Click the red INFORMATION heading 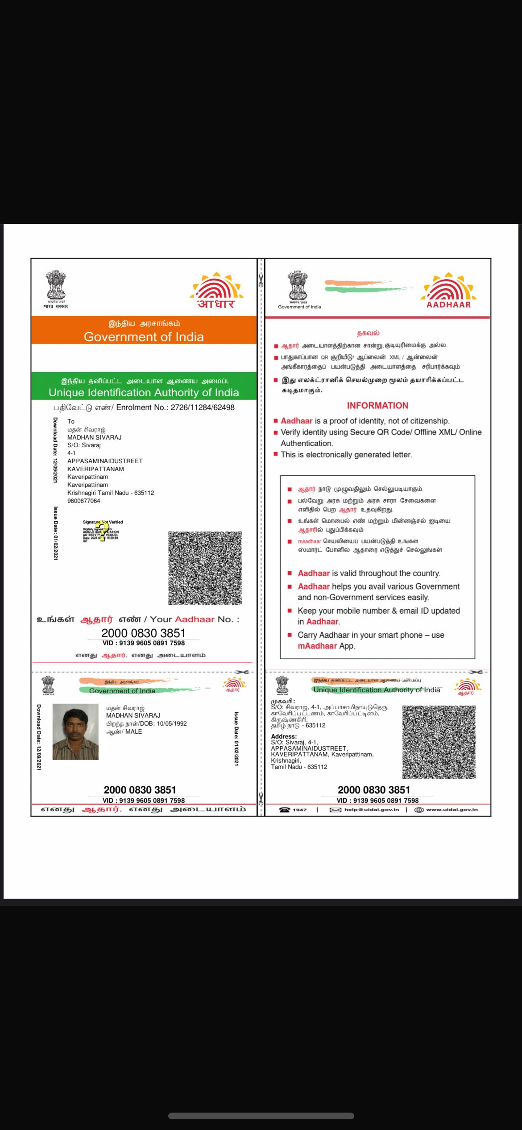point(377,405)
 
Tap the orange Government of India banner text point(144,337)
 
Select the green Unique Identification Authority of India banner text point(144,393)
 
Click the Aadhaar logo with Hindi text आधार point(216,291)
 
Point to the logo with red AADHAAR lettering point(449,291)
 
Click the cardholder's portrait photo point(75,731)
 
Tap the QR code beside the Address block point(439,742)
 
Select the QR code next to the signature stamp point(205,568)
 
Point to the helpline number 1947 point(299,810)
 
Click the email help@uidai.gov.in point(371,810)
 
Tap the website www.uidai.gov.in point(452,810)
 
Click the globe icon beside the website point(419,810)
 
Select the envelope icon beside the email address point(336,810)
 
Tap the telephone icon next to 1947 point(284,810)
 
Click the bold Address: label point(284,736)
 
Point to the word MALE point(133,731)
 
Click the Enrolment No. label point(142,407)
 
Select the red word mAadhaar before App point(317,646)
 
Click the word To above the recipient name point(71,421)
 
